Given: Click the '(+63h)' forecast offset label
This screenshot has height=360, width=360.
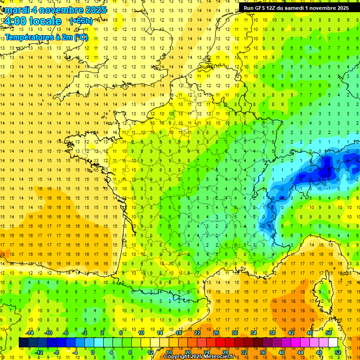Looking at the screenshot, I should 81,21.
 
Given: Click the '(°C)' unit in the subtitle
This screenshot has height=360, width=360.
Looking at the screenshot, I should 80,37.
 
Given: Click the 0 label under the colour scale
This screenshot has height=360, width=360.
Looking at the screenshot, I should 93,352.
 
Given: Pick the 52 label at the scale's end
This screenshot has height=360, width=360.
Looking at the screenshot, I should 338,352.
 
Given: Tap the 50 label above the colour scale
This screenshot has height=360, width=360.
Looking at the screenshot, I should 329,332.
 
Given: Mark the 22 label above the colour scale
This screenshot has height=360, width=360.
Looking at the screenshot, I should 197,332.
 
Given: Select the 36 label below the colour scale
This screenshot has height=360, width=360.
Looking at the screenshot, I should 262,352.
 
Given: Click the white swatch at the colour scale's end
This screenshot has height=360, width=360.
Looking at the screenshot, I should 333,342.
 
